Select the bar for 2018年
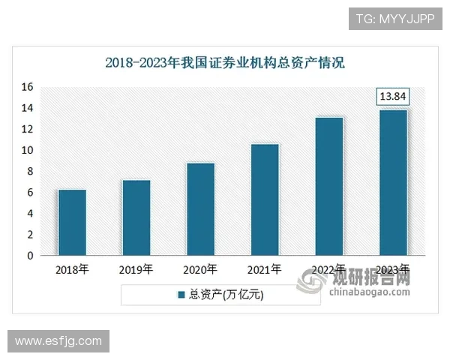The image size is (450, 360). [72, 223]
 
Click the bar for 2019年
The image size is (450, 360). [136, 217]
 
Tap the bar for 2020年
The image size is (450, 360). [200, 209]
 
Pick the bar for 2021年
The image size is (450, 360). [265, 199]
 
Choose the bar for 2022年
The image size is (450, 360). [329, 186]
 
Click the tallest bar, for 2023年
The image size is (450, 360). [393, 183]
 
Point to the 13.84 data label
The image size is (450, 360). [393, 97]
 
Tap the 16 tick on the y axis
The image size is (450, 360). [28, 87]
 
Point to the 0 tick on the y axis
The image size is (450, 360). [31, 256]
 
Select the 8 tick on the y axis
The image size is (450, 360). [31, 171]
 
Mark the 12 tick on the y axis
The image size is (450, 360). [28, 129]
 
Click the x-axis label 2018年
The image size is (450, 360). [72, 269]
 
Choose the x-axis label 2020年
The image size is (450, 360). [200, 269]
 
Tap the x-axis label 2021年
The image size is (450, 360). [265, 269]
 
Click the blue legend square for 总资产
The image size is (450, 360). [181, 295]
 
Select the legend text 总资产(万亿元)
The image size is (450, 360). [226, 295]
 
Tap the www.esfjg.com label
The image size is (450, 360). [58, 341]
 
